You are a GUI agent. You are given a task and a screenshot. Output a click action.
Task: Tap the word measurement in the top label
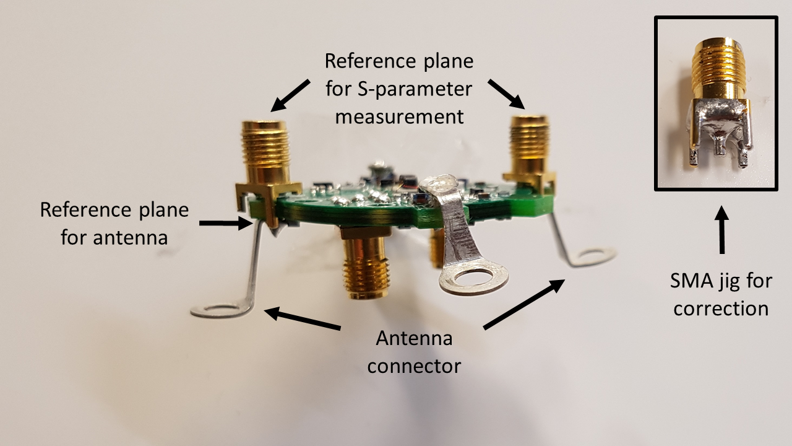pyautogui.click(x=399, y=116)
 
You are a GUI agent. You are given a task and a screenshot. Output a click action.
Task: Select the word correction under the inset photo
pyautogui.click(x=721, y=308)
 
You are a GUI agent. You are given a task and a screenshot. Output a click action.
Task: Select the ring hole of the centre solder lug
pyautogui.click(x=474, y=278)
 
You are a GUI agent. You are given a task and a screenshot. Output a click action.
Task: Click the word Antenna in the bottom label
pyautogui.click(x=414, y=339)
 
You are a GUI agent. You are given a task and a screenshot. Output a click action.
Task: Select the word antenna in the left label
pyautogui.click(x=114, y=237)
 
